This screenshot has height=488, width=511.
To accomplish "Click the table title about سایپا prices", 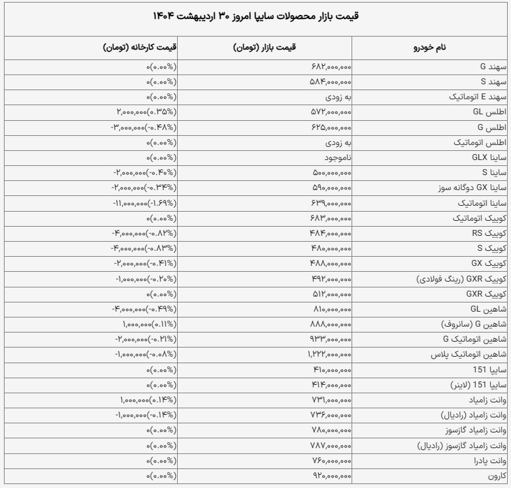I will coord(255,16).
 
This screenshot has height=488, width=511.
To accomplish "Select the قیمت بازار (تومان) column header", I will coord(265,48).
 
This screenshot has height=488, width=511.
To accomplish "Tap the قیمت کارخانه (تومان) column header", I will coord(139,48).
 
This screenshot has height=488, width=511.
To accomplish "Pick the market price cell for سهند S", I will coord(330,82).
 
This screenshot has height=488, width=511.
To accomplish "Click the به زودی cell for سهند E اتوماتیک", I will coord(339,97).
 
